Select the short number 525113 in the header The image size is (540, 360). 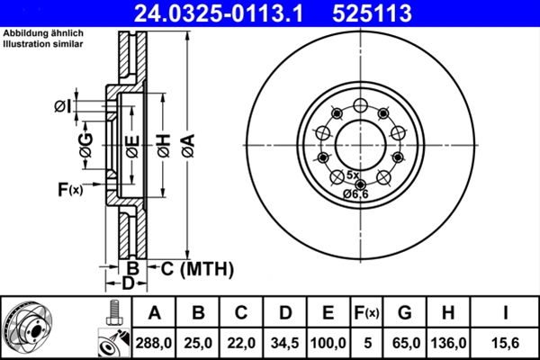coord(373,13)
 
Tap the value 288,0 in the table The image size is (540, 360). coord(154,342)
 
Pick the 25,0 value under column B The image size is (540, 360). coord(197,342)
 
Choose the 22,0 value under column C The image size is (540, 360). coord(240,342)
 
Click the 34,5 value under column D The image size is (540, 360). coord(284,342)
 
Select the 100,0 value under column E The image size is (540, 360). coord(328,342)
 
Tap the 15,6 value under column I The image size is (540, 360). coord(507,342)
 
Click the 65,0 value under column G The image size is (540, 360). coord(405,342)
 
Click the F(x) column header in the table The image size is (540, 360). coord(366,313)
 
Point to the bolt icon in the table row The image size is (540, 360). coord(112,313)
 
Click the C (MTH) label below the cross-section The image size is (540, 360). coord(190,268)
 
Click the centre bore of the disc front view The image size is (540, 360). coord(360,142)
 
